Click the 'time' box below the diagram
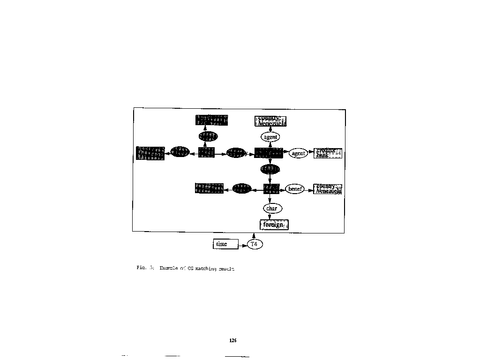tap(225, 244)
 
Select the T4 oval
tap(255, 244)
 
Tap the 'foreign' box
tap(274, 225)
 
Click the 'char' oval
tap(272, 208)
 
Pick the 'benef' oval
tap(295, 189)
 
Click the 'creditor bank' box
tap(328, 153)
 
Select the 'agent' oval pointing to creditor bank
tap(298, 153)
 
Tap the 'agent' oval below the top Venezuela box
tap(270, 137)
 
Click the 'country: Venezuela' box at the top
tap(270, 121)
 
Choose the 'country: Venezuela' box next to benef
tap(328, 189)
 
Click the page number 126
tap(233, 340)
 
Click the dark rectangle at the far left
tap(150, 153)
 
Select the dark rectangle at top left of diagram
tap(211, 120)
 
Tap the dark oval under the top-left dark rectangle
tap(208, 136)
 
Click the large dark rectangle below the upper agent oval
tap(269, 153)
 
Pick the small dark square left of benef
tap(271, 189)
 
